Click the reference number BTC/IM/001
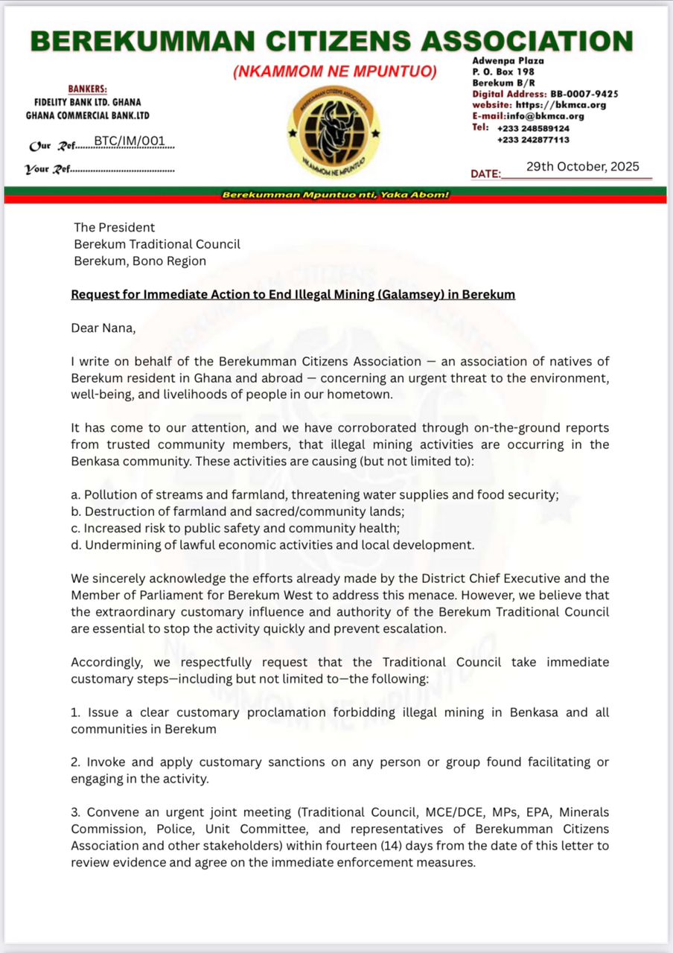click(130, 141)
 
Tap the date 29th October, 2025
click(582, 167)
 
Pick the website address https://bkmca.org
click(561, 105)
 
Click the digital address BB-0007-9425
click(584, 94)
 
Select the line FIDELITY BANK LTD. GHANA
click(88, 102)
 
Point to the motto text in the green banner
click(336, 195)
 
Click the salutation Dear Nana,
click(101, 327)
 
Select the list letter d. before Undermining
click(76, 545)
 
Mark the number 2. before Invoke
click(76, 762)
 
